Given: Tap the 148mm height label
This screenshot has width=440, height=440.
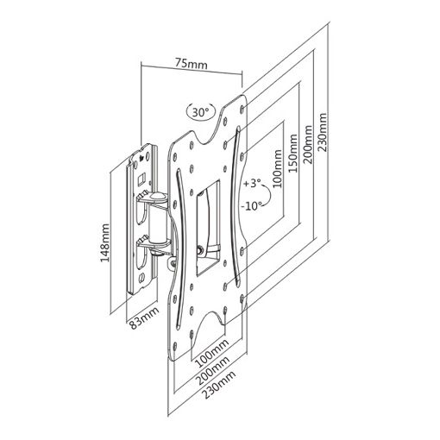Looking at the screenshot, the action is point(104,242).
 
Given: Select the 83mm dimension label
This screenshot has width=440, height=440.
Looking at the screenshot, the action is point(144,318).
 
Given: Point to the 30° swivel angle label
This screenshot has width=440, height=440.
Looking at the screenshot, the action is point(200,112).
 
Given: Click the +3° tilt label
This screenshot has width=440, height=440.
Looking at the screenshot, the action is point(252,183).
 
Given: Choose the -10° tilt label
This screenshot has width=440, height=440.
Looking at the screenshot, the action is point(252,206).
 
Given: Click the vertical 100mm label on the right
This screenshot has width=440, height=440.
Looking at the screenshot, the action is point(278,168).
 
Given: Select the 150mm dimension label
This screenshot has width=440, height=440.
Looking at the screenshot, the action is point(292,154).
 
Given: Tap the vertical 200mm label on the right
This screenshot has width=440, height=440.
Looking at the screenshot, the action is point(308,144).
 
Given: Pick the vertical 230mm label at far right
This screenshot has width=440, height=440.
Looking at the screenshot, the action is point(323,132).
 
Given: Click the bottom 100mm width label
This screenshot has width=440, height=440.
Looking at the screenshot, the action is point(212,353).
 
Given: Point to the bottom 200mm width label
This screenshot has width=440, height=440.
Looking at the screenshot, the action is point(213,371).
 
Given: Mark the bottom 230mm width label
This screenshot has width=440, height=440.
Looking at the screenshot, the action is point(219,384).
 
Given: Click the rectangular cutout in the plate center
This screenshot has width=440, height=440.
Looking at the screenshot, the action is point(208,228).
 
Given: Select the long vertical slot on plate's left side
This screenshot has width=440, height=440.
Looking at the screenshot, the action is point(180,249).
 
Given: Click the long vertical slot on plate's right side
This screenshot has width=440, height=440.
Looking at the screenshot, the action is point(237,206).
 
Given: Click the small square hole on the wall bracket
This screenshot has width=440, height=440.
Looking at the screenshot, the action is point(141,179).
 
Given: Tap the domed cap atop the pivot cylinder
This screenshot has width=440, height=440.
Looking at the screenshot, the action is point(157,197).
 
